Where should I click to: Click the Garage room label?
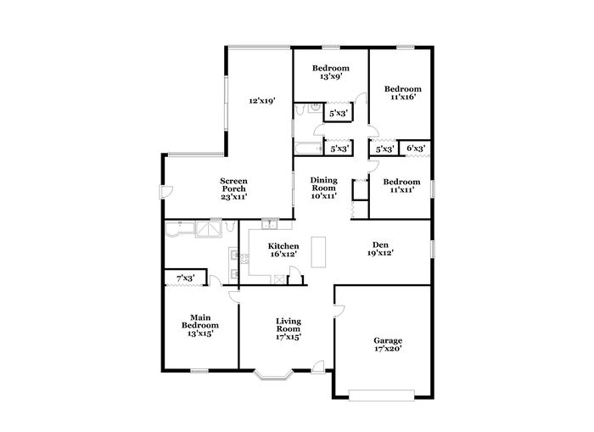click(x=388, y=345)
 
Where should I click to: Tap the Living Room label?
click(x=289, y=329)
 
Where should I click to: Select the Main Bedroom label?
click(x=200, y=326)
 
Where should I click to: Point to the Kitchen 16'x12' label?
click(x=283, y=250)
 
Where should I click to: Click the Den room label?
click(x=380, y=249)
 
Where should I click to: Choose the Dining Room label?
click(x=324, y=188)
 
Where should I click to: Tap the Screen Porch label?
click(x=233, y=188)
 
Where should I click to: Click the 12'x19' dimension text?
click(x=261, y=101)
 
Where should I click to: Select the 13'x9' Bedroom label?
click(x=331, y=72)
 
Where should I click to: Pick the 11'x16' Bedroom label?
click(x=403, y=93)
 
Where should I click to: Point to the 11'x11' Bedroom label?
click(x=401, y=186)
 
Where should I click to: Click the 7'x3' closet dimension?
click(x=186, y=278)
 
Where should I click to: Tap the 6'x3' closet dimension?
click(x=416, y=149)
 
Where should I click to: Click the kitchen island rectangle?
click(x=318, y=252)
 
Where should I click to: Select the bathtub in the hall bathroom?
click(x=308, y=149)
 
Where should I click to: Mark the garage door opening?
click(x=382, y=395)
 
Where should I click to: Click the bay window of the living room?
click(x=273, y=374)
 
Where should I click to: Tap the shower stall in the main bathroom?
click(x=209, y=229)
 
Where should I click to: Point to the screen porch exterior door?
click(x=166, y=192)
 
